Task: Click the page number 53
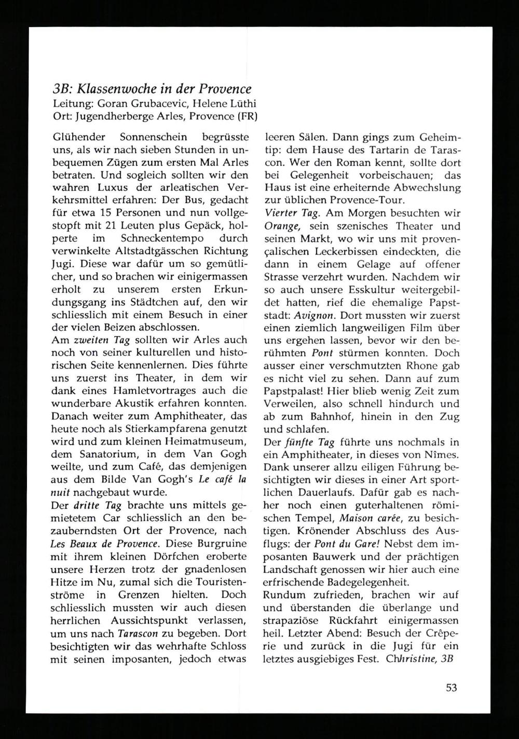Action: [x=452, y=688]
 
